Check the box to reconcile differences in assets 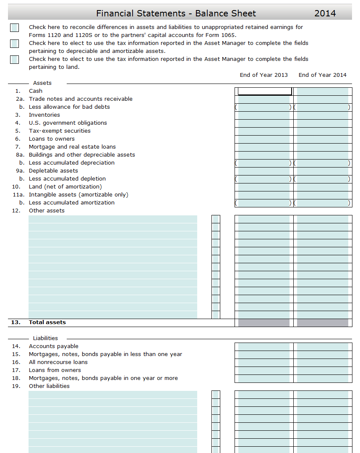click(x=14, y=28)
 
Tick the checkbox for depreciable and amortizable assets click(x=14, y=44)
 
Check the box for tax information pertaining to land click(x=14, y=60)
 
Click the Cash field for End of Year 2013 click(x=264, y=91)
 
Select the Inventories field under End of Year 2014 click(x=322, y=115)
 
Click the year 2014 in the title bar click(x=325, y=13)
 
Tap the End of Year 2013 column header click(x=264, y=75)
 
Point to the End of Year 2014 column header click(x=323, y=75)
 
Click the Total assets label click(x=47, y=322)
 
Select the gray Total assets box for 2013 click(x=264, y=323)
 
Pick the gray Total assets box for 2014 click(x=322, y=323)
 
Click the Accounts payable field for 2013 click(x=264, y=347)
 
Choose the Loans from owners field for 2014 click(x=322, y=371)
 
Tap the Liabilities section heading click(x=45, y=338)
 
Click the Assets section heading click(x=42, y=83)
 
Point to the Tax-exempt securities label click(x=60, y=131)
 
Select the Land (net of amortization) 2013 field click(x=264, y=187)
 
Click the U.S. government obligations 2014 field click(x=322, y=123)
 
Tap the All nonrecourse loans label click(x=58, y=362)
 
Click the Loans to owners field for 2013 click(x=264, y=139)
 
